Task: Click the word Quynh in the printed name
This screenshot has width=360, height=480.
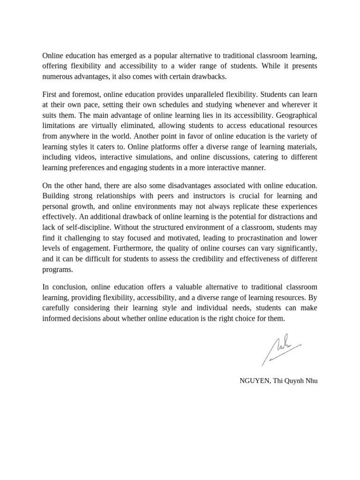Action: (294, 381)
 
